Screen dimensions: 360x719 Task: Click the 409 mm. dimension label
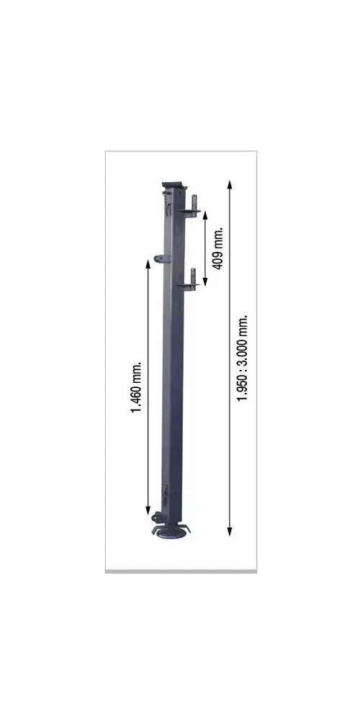point(218,248)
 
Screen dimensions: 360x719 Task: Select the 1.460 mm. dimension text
point(136,387)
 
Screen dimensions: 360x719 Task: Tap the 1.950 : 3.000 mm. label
point(242,358)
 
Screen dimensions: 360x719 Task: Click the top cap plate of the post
point(175,185)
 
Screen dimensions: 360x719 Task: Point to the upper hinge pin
point(194,203)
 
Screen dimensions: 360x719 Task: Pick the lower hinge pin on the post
point(194,276)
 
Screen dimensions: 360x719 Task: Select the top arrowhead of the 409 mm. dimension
point(205,214)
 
